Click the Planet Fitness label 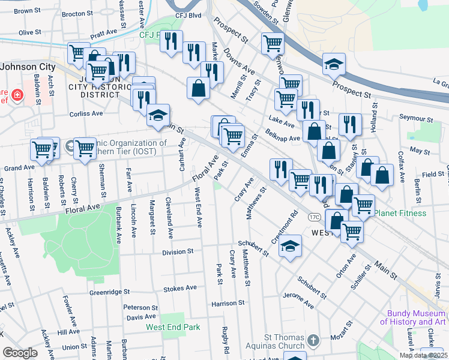coord(400,213)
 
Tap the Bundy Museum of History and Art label coord(416,317)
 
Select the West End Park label coord(172,328)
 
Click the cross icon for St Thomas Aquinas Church coord(313,341)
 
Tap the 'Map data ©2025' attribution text coord(423,355)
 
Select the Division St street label coord(178,253)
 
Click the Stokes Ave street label coord(184,288)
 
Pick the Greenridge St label coord(110,292)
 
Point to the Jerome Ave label coord(298,301)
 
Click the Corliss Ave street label coord(86,113)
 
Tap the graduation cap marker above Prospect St coord(334,63)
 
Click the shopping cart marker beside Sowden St coord(273,43)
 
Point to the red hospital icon coord(17,95)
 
